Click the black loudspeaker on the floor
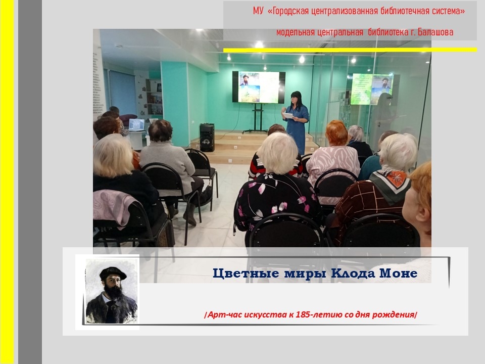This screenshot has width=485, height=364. click(x=207, y=138)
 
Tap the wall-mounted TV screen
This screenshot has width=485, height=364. click(x=259, y=87)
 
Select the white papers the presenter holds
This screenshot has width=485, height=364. click(x=288, y=115)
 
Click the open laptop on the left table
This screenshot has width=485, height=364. click(x=136, y=125)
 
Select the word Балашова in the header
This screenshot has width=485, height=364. click(x=435, y=32)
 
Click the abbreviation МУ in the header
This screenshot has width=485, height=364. click(x=258, y=11)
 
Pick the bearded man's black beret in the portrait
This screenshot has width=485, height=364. click(x=113, y=273)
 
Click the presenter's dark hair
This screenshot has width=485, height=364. click(x=296, y=99)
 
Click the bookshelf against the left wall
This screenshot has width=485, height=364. click(x=154, y=97)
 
